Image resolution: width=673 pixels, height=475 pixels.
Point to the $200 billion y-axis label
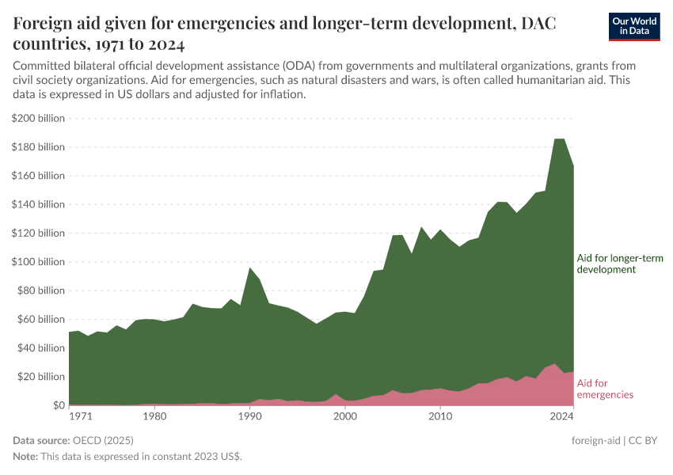pyautogui.click(x=38, y=119)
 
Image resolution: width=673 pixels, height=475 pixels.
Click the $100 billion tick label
pyautogui.click(x=38, y=262)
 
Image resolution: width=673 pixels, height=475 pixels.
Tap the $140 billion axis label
pyautogui.click(x=38, y=204)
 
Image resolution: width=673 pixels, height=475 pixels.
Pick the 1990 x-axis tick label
pyautogui.click(x=249, y=416)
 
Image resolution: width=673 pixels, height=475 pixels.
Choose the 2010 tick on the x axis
pyautogui.click(x=439, y=416)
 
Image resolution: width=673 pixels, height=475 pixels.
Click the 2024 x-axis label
pyautogui.click(x=562, y=416)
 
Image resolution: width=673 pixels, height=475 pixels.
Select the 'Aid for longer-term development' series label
pyautogui.click(x=619, y=264)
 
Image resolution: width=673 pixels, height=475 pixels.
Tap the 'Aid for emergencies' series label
pyautogui.click(x=605, y=389)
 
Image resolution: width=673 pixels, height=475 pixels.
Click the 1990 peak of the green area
pyautogui.click(x=250, y=268)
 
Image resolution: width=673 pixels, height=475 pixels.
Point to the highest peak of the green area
pyautogui.click(x=559, y=139)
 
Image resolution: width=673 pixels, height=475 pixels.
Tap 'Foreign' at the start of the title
pyautogui.click(x=45, y=24)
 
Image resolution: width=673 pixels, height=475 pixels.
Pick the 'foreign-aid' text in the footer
pyautogui.click(x=596, y=440)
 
